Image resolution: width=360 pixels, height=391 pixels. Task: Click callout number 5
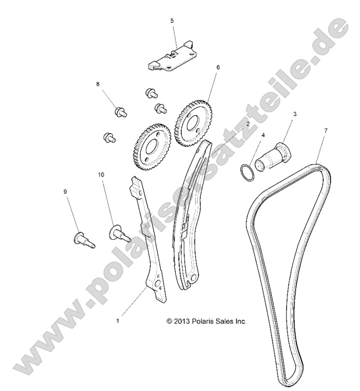pyautogui.click(x=172, y=21)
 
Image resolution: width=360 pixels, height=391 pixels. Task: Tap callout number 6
pyautogui.click(x=218, y=67)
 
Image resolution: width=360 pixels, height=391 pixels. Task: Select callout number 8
pyautogui.click(x=98, y=84)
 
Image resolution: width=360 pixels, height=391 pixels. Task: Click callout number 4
pyautogui.click(x=263, y=135)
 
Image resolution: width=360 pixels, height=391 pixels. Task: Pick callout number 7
pyautogui.click(x=326, y=130)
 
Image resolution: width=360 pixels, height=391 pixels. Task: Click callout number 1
pyautogui.click(x=118, y=320)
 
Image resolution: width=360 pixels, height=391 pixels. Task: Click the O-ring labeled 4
pyautogui.click(x=247, y=173)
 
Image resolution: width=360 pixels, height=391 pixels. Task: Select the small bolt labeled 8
pyautogui.click(x=120, y=111)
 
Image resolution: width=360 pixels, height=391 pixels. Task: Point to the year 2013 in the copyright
pyautogui.click(x=182, y=321)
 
